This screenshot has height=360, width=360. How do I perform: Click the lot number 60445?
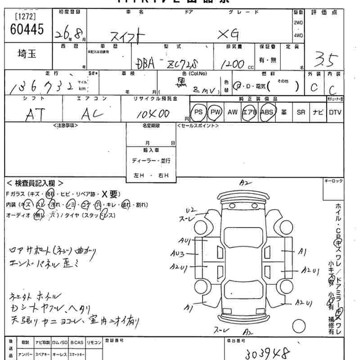(27, 30)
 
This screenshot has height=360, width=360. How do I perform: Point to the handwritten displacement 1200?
(233, 63)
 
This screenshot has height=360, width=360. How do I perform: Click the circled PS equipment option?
(198, 112)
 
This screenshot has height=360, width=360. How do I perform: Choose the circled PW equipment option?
(216, 112)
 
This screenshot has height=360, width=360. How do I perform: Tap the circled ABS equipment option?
(267, 112)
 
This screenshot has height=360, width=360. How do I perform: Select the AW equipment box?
(232, 112)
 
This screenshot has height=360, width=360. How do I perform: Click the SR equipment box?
(301, 112)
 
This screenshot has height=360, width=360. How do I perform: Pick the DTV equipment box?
(335, 112)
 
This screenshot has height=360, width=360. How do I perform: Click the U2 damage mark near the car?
(192, 210)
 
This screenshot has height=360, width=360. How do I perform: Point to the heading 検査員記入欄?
(35, 183)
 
